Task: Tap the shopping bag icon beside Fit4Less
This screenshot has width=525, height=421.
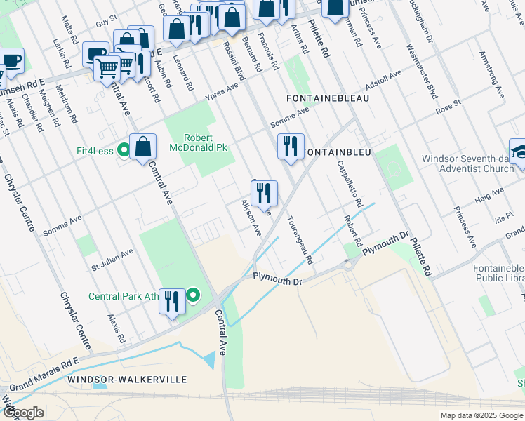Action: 142,147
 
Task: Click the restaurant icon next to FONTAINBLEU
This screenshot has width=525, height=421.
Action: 291,147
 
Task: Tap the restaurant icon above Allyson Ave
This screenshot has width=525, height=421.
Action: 264,194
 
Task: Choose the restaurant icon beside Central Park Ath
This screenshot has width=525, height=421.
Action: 172,302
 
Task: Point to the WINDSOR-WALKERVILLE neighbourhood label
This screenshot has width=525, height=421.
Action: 127,379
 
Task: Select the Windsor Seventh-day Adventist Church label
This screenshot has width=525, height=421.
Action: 468,163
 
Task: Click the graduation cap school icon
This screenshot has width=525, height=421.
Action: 519,152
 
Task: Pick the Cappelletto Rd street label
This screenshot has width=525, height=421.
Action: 349,184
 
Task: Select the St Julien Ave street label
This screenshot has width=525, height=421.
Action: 112,260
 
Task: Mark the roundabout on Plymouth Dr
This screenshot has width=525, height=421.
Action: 347,265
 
